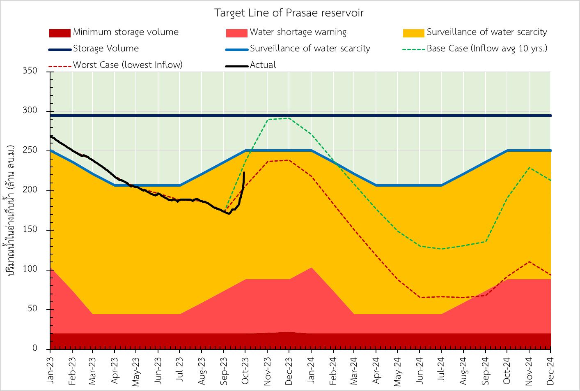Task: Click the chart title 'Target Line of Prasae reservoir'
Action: (x=289, y=13)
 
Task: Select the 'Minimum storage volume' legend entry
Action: (x=126, y=32)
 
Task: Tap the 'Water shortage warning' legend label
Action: (x=298, y=32)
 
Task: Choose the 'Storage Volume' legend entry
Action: (x=106, y=49)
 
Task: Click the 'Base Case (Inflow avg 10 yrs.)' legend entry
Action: (x=487, y=49)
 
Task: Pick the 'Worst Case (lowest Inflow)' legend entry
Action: (x=128, y=65)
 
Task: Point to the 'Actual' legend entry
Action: (x=263, y=65)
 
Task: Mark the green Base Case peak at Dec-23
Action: (x=289, y=118)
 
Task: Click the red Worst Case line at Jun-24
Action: (x=420, y=297)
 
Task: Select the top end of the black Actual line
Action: (x=244, y=173)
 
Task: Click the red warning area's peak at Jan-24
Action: (x=311, y=268)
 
